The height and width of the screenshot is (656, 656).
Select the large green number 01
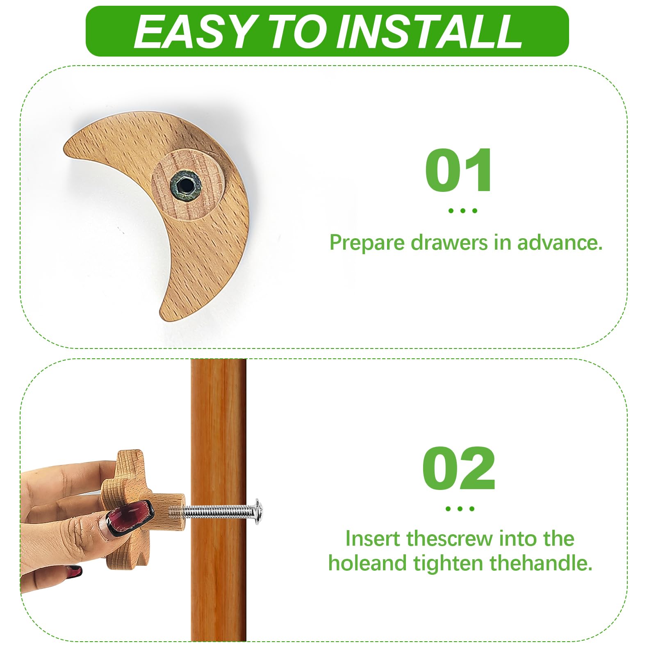458,170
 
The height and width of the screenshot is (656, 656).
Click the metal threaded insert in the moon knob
186,186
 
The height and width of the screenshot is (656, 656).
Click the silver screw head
258,512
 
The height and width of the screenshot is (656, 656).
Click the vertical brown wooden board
219,500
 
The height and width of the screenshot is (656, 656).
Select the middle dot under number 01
462,211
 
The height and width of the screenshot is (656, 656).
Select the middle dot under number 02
460,509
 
